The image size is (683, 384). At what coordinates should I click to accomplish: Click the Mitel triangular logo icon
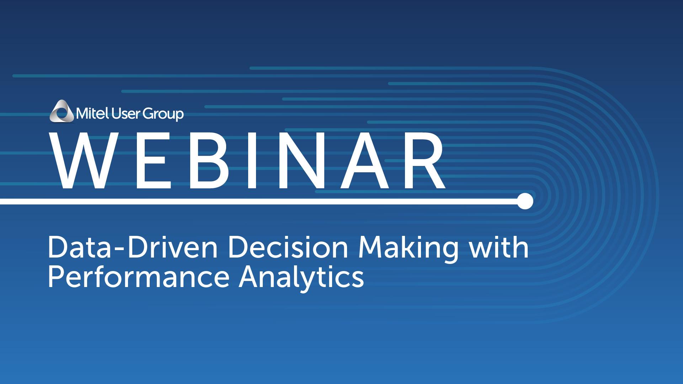[63, 111]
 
